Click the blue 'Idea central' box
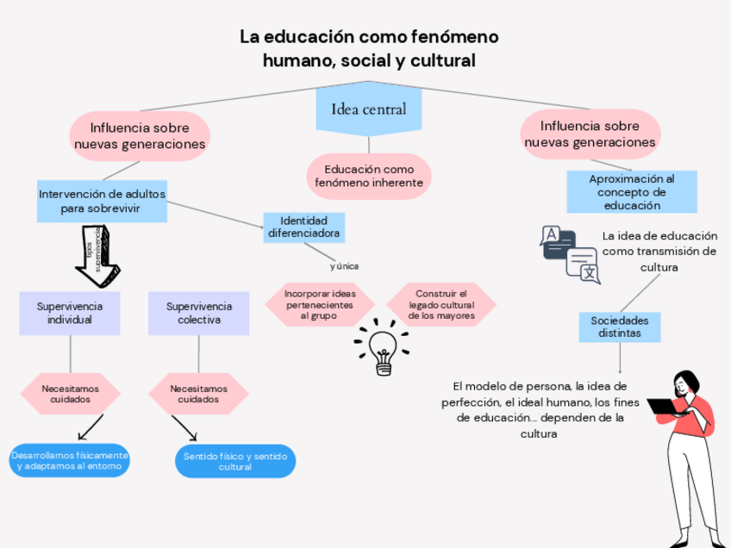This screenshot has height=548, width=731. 368,109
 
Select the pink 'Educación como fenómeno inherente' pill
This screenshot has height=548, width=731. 368,176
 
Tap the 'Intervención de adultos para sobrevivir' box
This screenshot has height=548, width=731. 102,201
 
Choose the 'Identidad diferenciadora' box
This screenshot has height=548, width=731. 303,227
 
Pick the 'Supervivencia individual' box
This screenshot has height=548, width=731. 70,313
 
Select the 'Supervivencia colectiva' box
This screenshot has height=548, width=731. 199,313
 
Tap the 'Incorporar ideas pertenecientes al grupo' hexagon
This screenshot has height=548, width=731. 319,305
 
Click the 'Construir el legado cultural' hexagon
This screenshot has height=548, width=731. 440,305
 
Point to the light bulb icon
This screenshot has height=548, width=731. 382,348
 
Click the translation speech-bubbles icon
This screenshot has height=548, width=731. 569,253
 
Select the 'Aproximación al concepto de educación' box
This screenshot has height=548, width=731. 631,192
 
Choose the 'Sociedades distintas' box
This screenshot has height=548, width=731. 619,327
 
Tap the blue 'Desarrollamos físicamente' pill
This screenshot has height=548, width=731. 70,460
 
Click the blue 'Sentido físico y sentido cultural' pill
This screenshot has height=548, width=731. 234,461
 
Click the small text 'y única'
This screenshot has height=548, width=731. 344,266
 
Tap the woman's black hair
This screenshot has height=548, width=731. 687,382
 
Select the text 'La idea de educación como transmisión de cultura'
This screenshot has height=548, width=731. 659,252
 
